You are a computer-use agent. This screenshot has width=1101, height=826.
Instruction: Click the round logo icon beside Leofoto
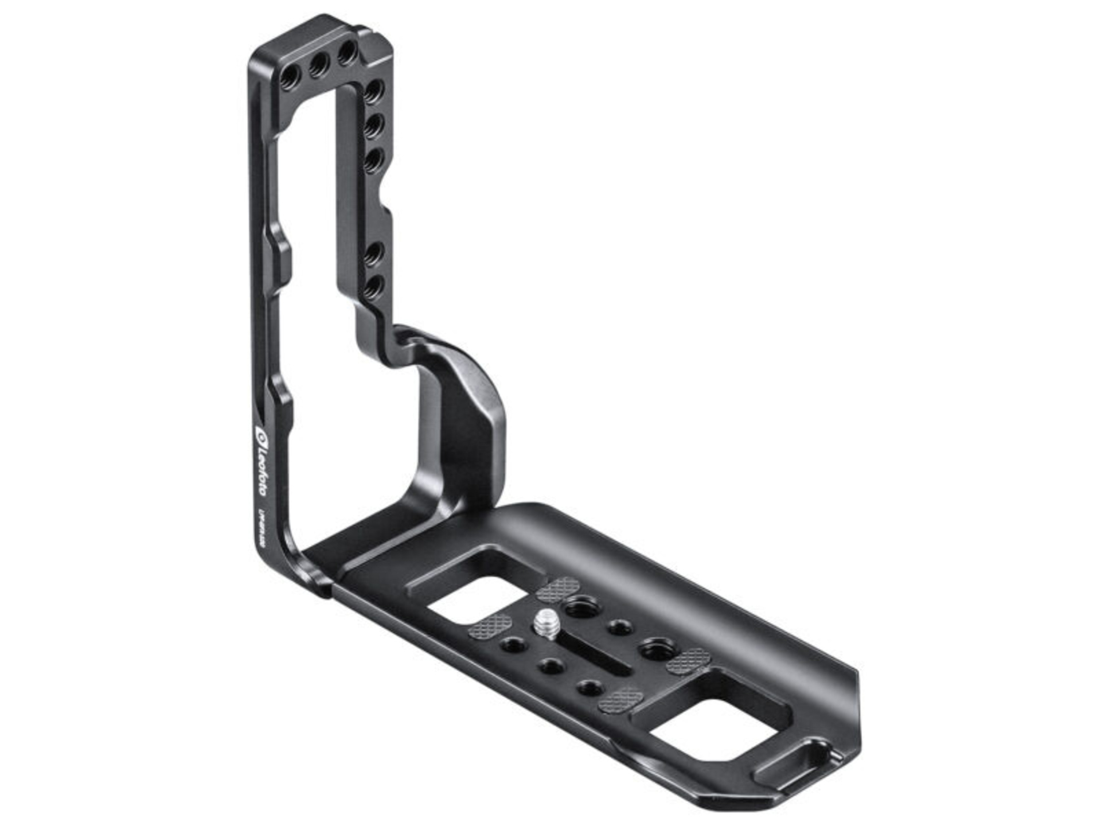pos(261,432)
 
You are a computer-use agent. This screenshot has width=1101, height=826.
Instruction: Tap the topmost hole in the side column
pos(373,92)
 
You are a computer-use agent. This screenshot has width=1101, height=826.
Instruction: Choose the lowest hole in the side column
pos(373,286)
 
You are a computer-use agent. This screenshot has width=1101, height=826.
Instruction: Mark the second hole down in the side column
pos(373,126)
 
